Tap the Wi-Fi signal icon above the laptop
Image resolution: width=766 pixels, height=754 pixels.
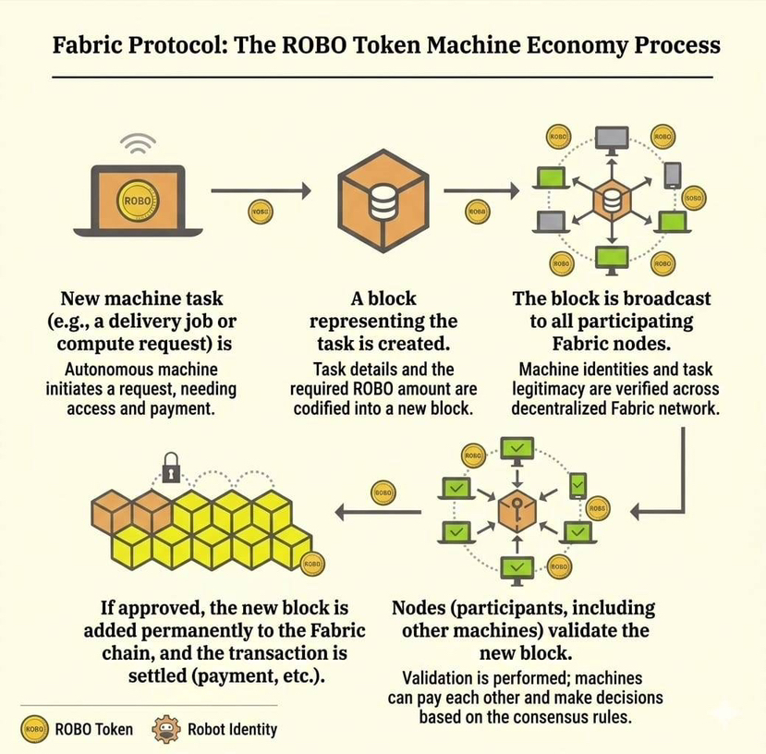click(x=139, y=144)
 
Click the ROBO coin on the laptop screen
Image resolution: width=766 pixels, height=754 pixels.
click(x=138, y=199)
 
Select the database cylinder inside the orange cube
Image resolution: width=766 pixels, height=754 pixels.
click(x=383, y=197)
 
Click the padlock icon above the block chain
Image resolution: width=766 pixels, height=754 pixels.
click(x=171, y=468)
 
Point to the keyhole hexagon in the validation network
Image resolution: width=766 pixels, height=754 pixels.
click(x=517, y=511)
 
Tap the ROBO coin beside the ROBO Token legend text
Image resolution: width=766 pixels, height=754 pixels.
click(x=32, y=729)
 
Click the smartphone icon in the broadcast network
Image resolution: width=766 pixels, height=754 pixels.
click(x=673, y=175)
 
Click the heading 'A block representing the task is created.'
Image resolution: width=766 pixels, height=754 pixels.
click(x=383, y=321)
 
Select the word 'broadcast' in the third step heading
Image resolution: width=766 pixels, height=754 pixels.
click(x=667, y=298)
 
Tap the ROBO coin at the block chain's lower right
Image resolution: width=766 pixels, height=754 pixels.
click(x=311, y=564)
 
